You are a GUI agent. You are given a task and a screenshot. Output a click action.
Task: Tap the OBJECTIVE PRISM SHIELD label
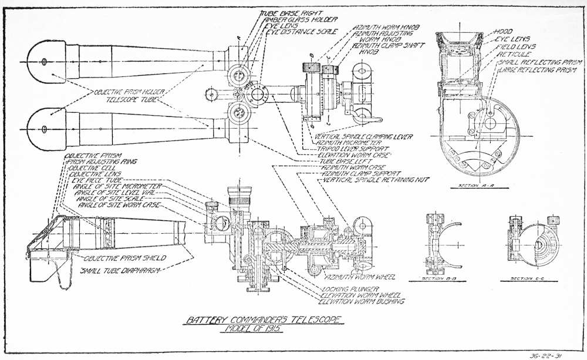pyautogui.click(x=124, y=258)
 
